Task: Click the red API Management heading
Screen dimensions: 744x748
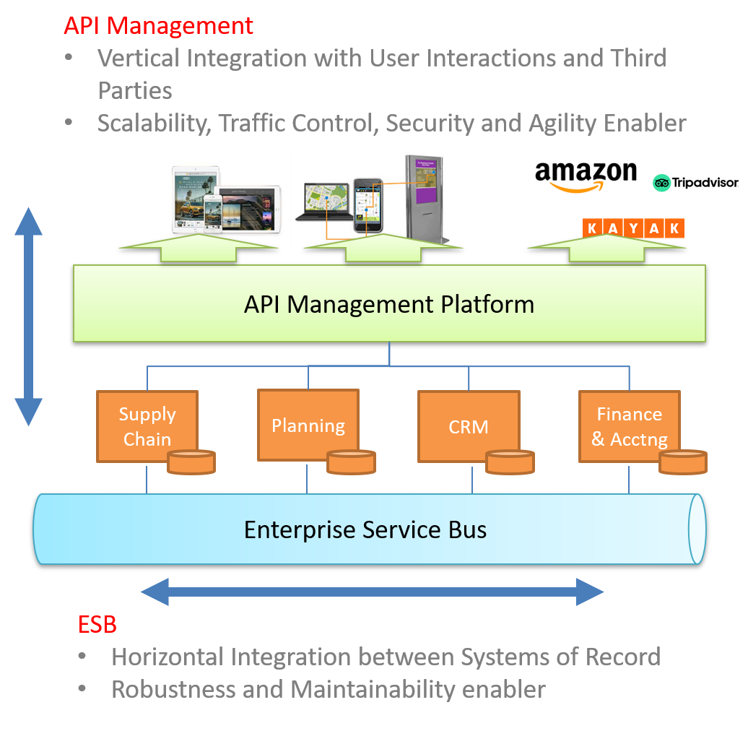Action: tap(158, 26)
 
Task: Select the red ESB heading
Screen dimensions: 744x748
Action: tap(97, 624)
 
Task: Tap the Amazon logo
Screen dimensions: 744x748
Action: tap(585, 178)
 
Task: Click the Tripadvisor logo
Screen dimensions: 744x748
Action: tap(695, 183)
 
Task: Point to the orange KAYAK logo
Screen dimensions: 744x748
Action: tap(632, 228)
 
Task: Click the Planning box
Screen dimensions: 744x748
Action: tap(308, 425)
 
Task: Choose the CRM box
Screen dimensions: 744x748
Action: tap(468, 426)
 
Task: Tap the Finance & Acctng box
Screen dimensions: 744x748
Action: tap(629, 426)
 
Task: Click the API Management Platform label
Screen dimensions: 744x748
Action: tap(388, 304)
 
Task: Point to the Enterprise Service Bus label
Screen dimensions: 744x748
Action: tap(365, 529)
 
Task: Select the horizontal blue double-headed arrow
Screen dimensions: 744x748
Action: tap(372, 592)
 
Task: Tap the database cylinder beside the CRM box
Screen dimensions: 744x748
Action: tap(510, 462)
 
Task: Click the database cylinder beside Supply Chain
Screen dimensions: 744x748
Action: tap(191, 462)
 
